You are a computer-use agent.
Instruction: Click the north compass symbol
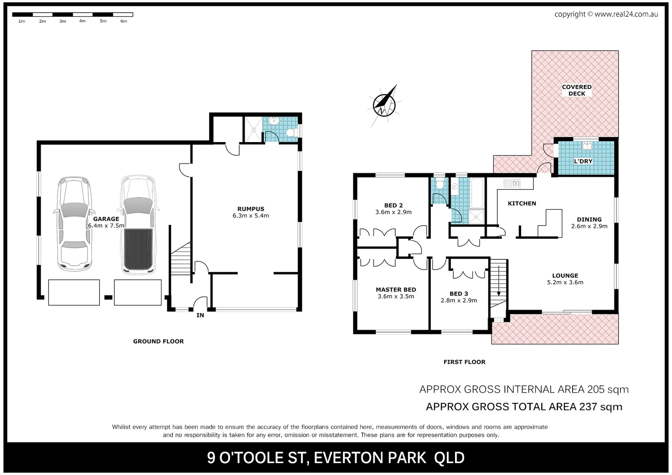click(384, 104)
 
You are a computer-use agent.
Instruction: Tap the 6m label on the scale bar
click(124, 21)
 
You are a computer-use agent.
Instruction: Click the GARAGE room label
click(106, 219)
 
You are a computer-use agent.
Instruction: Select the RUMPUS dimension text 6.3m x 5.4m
click(250, 216)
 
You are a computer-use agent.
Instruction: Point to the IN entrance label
click(200, 315)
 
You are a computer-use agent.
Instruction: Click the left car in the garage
click(75, 224)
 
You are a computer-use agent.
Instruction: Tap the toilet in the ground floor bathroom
click(290, 132)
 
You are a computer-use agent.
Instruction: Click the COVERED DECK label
click(577, 90)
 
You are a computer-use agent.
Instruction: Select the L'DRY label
click(583, 161)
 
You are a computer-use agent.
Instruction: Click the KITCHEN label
click(522, 204)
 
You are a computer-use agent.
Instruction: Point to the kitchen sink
click(512, 183)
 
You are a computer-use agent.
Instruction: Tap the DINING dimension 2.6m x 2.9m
click(589, 227)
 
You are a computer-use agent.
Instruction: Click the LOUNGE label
click(565, 276)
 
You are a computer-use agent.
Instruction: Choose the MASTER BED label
click(396, 290)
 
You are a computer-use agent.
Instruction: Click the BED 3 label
click(459, 294)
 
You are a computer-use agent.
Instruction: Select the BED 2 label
click(393, 205)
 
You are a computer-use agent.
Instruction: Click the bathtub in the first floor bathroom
click(477, 193)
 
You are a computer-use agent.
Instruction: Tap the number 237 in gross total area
click(588, 407)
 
